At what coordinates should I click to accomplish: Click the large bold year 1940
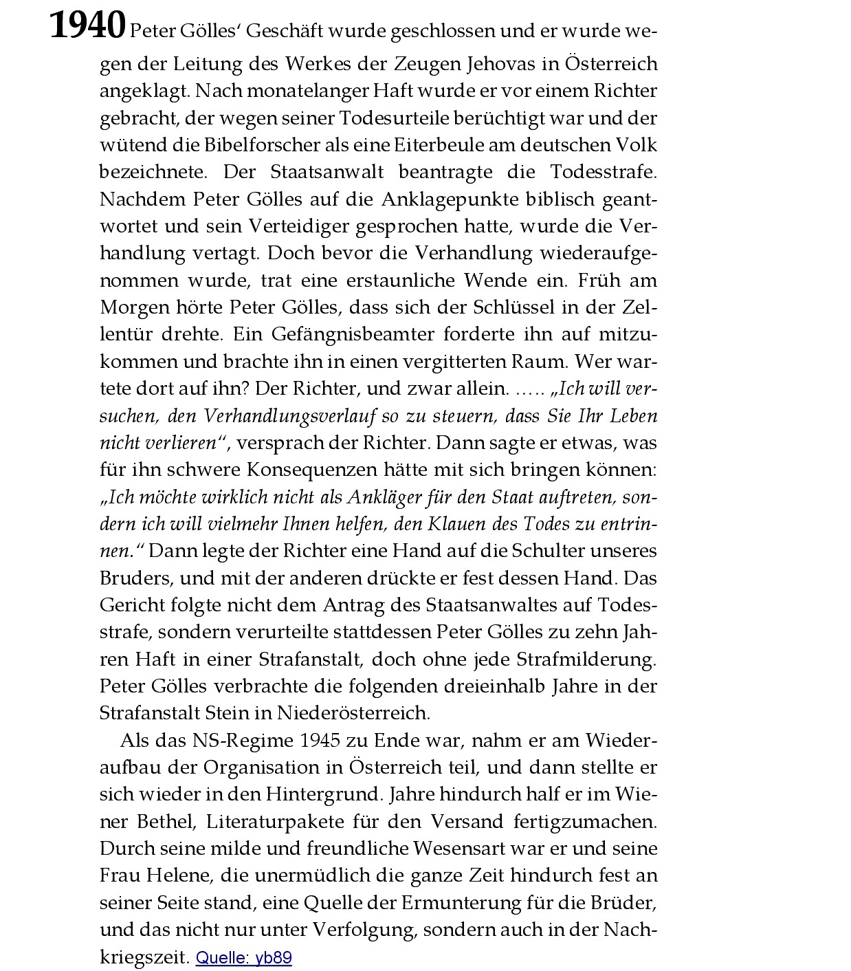click(x=87, y=25)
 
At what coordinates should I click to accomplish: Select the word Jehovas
click(x=500, y=64)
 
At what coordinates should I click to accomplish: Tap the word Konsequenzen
click(x=312, y=470)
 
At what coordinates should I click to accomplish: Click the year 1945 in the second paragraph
click(x=320, y=741)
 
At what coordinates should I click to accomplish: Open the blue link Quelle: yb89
click(x=243, y=958)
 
